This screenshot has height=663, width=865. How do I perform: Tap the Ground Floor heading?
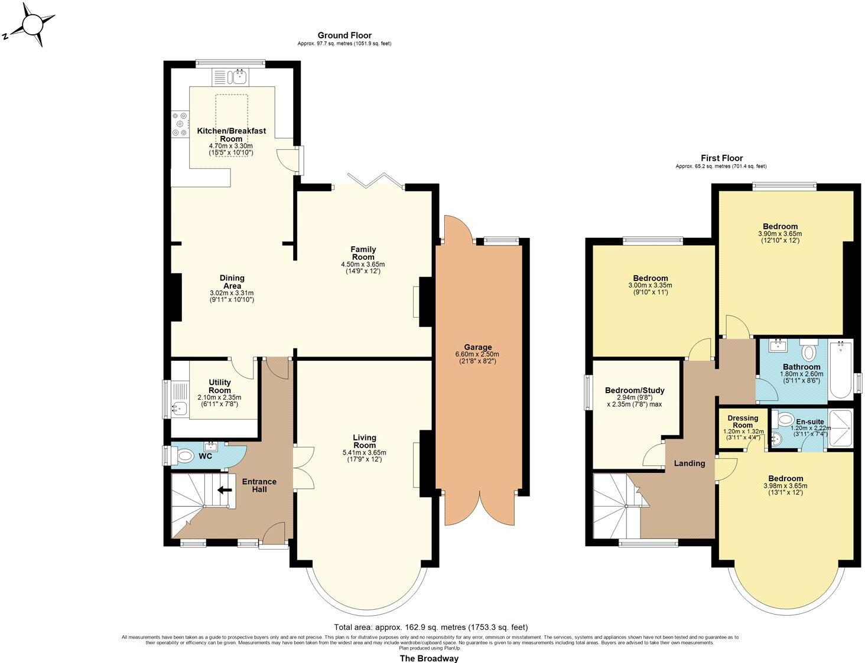(x=344, y=35)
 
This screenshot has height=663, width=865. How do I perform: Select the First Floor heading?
(x=721, y=158)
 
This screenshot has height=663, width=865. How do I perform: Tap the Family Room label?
(x=363, y=253)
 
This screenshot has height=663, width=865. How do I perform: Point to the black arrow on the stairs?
(x=224, y=489)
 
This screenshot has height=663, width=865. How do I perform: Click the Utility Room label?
(x=219, y=387)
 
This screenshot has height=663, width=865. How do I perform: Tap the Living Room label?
(x=365, y=442)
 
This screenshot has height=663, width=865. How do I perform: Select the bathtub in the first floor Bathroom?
(x=840, y=370)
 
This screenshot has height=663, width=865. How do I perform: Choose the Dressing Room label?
(x=743, y=422)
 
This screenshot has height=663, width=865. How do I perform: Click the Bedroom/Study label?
(x=635, y=390)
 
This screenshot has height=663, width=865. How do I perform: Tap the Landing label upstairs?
(x=690, y=463)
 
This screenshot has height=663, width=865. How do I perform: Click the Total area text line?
(x=431, y=627)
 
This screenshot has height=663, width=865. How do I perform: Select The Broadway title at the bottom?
(x=429, y=658)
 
